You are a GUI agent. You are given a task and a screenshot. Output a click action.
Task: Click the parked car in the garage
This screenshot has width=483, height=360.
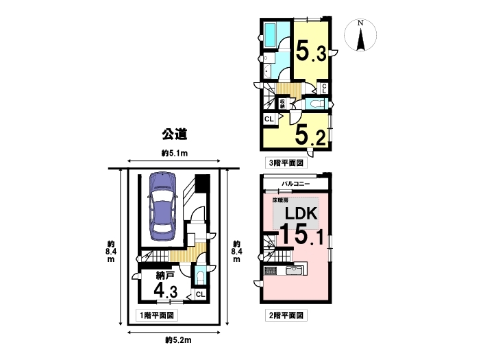point(162,206)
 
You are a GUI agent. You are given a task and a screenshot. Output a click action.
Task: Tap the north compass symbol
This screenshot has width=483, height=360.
point(360,35)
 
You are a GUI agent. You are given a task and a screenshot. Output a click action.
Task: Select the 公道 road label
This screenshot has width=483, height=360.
point(175,134)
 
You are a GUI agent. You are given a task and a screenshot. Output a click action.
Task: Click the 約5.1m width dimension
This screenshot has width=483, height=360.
point(175,153)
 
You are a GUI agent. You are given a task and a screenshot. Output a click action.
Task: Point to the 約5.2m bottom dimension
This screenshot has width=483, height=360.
point(178,340)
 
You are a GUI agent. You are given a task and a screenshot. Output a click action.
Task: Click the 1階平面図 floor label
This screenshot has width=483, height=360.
point(157,315)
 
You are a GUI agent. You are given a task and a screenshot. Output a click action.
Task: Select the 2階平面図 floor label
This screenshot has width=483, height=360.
point(286,315)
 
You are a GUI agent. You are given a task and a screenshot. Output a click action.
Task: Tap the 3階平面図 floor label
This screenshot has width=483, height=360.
point(286,163)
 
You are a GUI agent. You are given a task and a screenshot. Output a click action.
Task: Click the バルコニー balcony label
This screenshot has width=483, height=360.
point(296,184)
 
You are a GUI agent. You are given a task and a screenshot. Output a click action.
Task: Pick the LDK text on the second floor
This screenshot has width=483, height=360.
point(301,213)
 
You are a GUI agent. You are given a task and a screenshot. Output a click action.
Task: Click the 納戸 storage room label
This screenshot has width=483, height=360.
point(165,275)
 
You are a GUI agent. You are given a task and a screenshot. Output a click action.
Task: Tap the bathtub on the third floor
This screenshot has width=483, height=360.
point(272,35)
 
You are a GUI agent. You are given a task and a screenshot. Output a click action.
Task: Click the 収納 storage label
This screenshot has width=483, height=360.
point(282,104)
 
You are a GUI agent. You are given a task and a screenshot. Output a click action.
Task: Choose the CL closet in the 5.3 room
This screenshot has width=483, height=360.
point(324,88)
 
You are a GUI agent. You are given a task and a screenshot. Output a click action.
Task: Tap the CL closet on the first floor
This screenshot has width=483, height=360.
point(200,294)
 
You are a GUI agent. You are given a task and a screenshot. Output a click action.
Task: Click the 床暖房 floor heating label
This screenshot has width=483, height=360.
point(280,200)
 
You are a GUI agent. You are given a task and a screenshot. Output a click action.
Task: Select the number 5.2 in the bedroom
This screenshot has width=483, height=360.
point(310,136)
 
